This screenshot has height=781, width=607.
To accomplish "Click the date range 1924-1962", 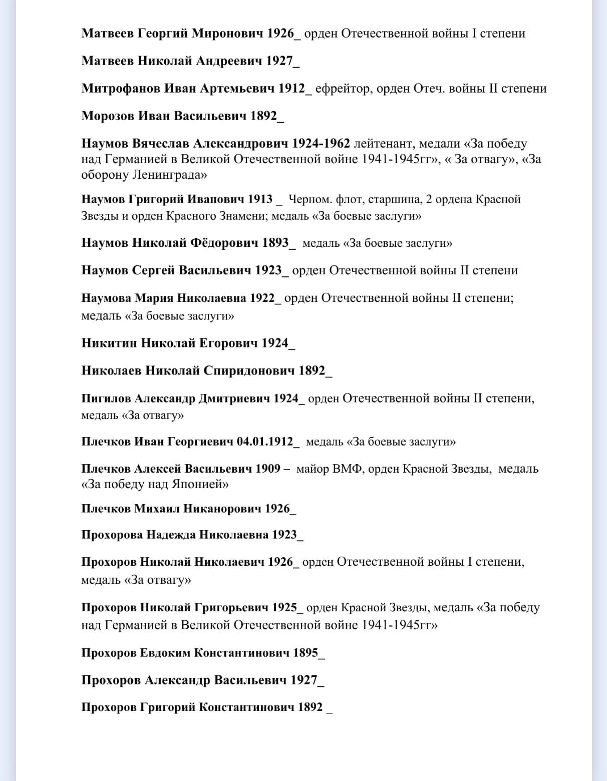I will pyautogui.click(x=321, y=144).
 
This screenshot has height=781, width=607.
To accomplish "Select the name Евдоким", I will pyautogui.click(x=165, y=653).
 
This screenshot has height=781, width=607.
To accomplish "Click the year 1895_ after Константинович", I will pyautogui.click(x=309, y=653).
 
